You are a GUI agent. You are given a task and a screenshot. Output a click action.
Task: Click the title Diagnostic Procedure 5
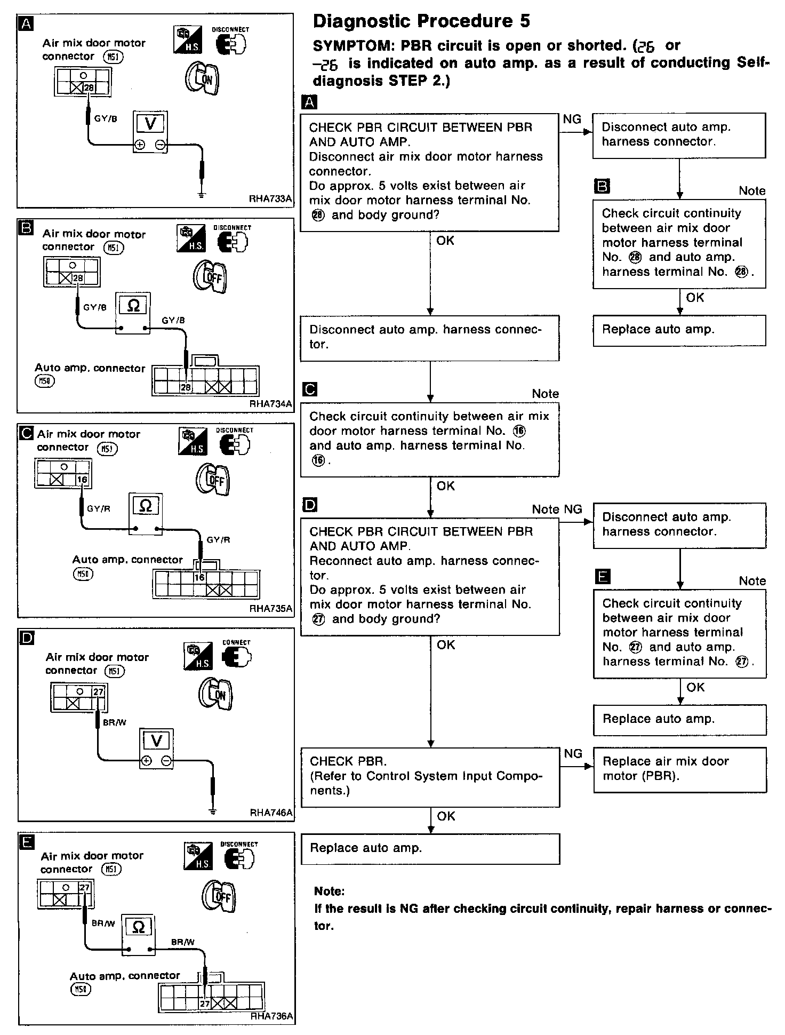(421, 21)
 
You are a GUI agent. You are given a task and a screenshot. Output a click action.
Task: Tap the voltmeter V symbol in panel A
(150, 124)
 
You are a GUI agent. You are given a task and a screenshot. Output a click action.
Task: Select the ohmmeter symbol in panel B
(133, 306)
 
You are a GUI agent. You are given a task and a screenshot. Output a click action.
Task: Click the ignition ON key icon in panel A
(202, 78)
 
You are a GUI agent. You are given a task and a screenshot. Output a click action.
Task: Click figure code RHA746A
(271, 813)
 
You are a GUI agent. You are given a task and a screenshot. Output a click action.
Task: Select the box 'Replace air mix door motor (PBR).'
(679, 769)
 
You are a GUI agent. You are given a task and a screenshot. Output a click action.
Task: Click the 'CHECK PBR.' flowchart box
(430, 776)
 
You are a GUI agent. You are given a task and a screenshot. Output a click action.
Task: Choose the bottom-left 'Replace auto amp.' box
(430, 848)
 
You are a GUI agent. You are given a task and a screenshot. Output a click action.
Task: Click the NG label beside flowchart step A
(572, 120)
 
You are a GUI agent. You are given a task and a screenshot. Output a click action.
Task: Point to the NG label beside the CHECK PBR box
(573, 753)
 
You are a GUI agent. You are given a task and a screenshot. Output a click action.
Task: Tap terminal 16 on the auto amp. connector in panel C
(199, 577)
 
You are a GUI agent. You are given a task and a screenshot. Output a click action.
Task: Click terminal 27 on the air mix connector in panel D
(98, 692)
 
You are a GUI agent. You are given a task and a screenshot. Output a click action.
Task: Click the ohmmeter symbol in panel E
(138, 927)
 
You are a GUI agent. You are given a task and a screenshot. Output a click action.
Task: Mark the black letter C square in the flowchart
(309, 389)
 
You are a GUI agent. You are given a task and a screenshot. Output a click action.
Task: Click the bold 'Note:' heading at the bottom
(329, 891)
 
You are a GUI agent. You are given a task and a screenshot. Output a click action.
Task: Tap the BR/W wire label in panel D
(115, 722)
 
